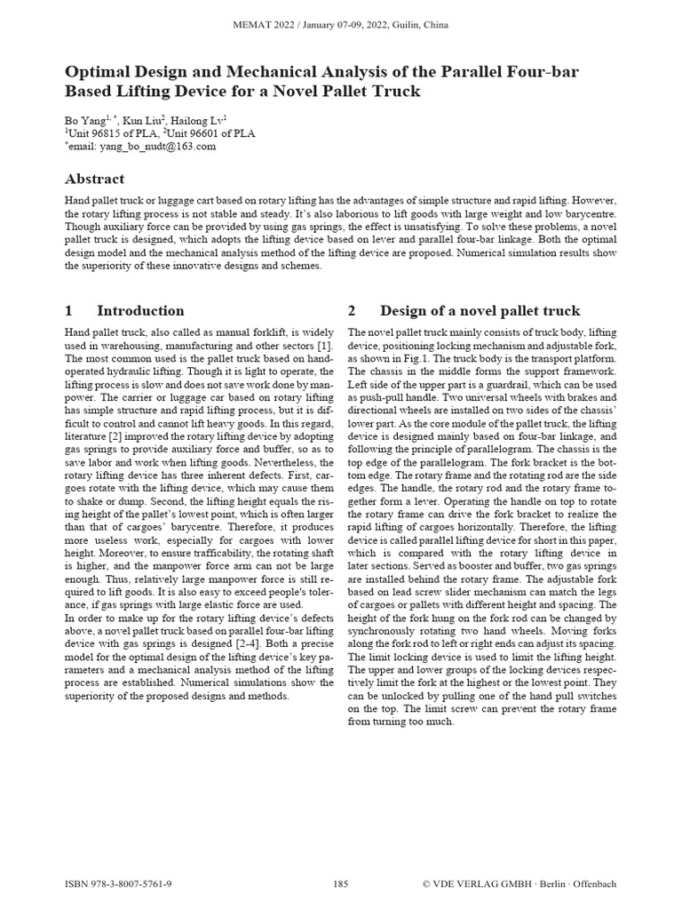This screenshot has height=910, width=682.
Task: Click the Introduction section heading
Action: (140, 310)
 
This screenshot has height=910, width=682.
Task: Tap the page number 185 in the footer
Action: (341, 884)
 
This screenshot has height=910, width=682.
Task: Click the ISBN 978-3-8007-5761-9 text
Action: (119, 884)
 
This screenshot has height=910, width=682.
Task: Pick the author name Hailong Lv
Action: (202, 119)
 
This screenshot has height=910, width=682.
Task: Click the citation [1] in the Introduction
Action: (325, 345)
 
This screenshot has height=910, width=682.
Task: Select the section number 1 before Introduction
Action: (68, 310)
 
